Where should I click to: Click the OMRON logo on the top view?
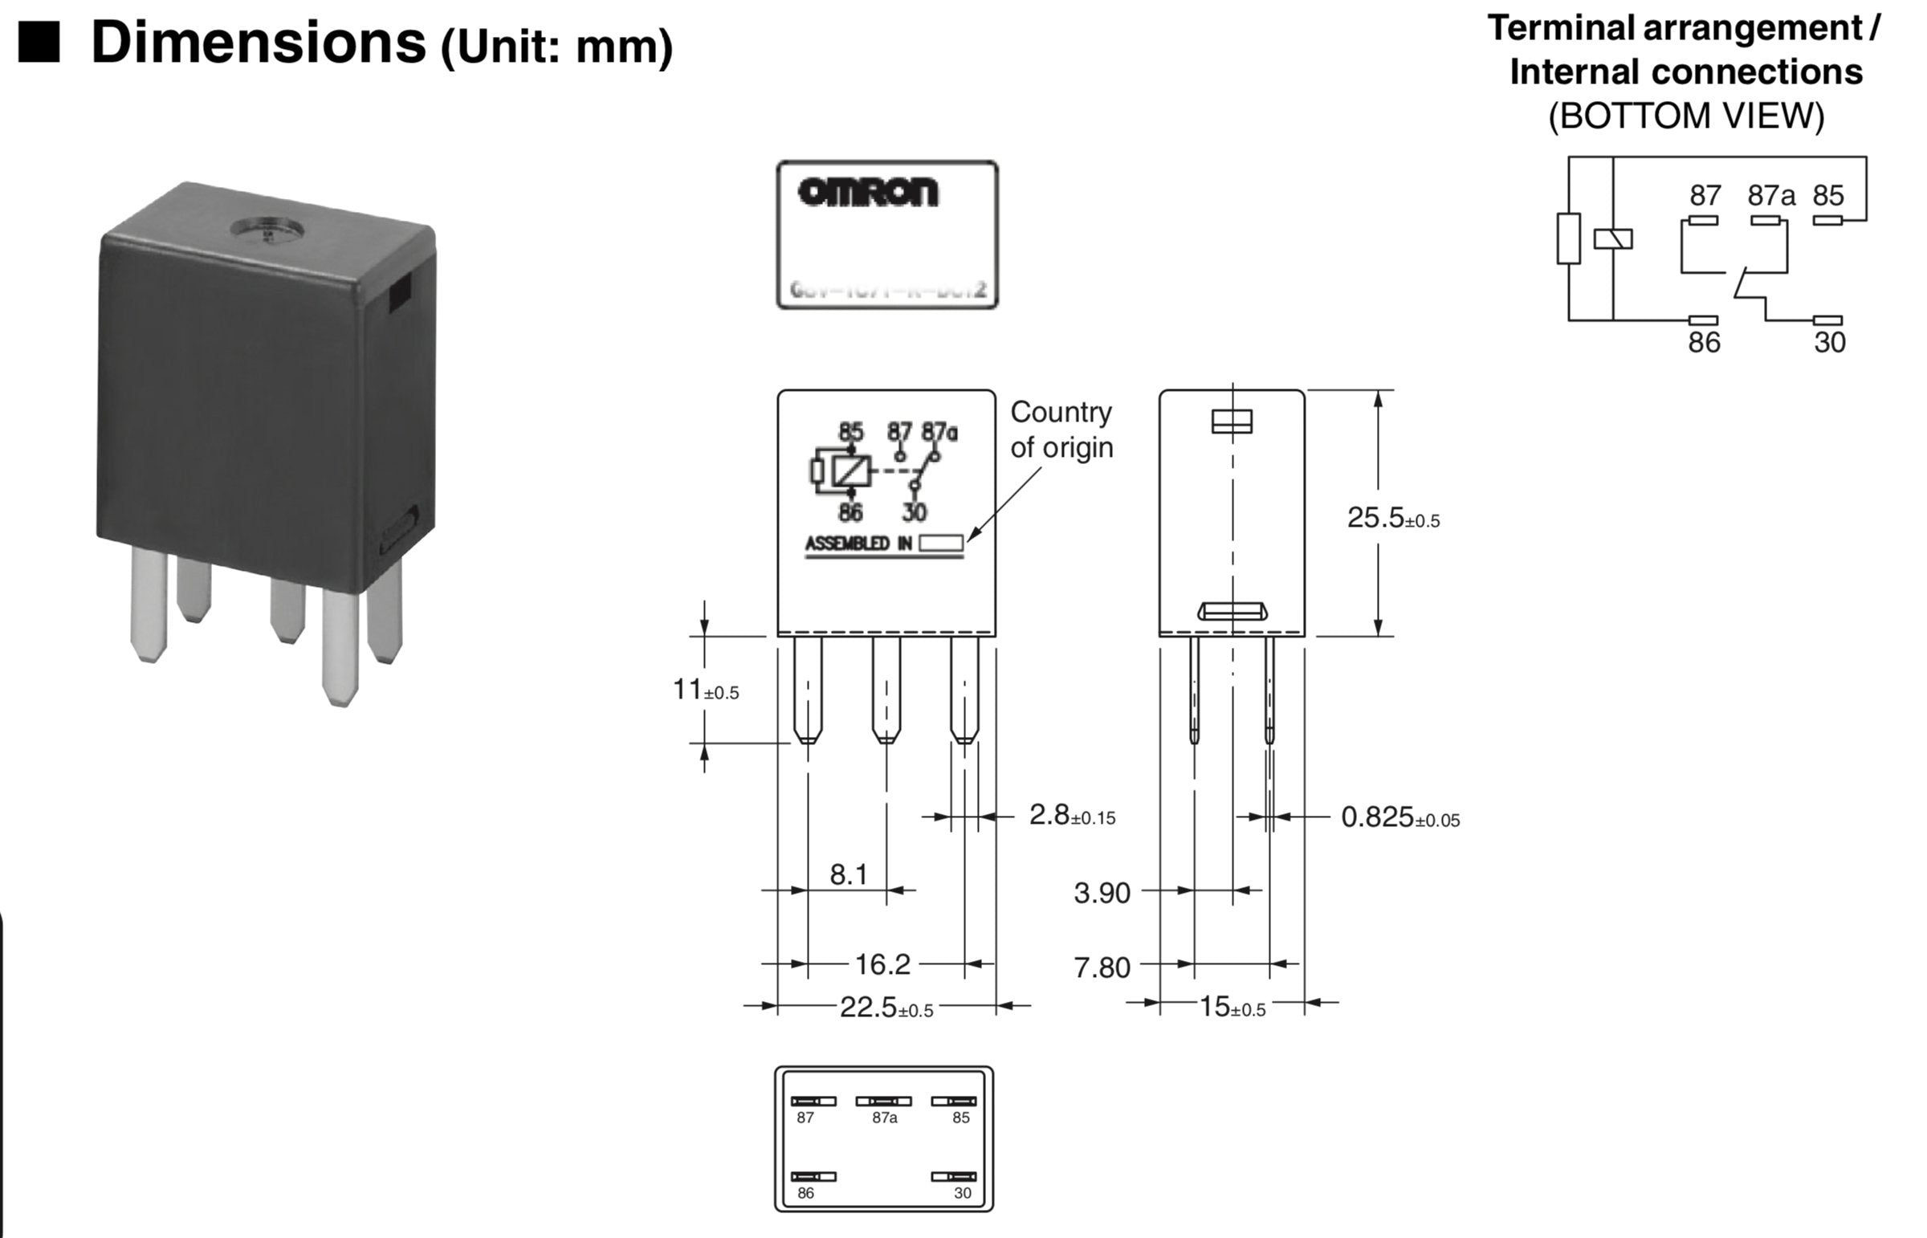click(x=867, y=192)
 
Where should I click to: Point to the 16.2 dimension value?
click(x=882, y=964)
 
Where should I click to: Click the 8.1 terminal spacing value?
click(x=848, y=874)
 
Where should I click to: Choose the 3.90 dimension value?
click(x=1102, y=892)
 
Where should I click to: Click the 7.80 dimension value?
click(x=1102, y=967)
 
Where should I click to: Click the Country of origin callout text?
click(x=1061, y=430)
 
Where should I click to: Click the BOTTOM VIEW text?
click(x=1686, y=116)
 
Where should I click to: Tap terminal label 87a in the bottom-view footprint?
click(x=884, y=1118)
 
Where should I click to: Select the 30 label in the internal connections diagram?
click(x=1829, y=343)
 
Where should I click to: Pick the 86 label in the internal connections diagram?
click(x=1704, y=343)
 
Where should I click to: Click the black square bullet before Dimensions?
click(x=39, y=42)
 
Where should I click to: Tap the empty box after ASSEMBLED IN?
click(x=940, y=544)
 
